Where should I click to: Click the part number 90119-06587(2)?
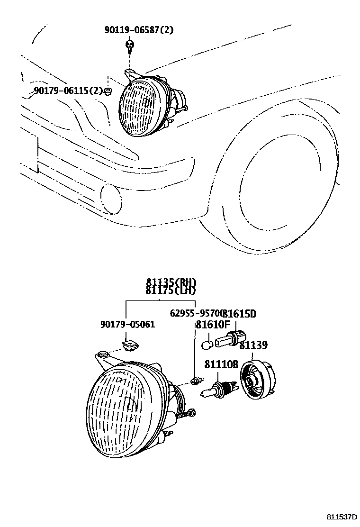[139, 31]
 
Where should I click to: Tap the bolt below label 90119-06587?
[129, 46]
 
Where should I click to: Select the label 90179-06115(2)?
[68, 91]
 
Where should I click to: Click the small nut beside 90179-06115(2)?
[108, 91]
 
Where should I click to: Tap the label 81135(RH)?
[171, 282]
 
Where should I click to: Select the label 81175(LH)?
[171, 291]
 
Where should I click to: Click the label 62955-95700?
[196, 313]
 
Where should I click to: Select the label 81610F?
[213, 325]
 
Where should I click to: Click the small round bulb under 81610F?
[207, 345]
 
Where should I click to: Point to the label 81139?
[253, 345]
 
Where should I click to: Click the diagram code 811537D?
[341, 516]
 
